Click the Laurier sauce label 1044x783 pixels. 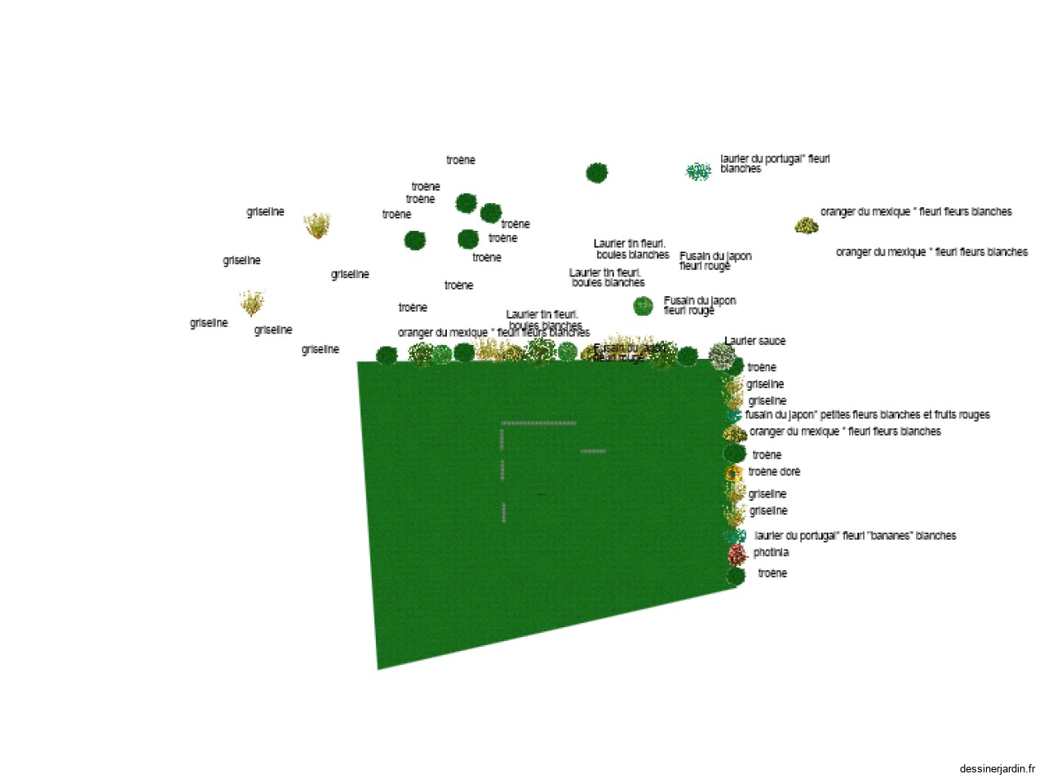coord(754,341)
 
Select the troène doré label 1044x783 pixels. coord(774,471)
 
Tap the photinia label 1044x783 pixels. coord(771,552)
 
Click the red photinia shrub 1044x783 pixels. coord(737,555)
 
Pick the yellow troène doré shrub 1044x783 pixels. coord(733,472)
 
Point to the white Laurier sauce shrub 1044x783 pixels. coord(721,355)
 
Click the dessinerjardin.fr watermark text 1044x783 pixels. coord(997,768)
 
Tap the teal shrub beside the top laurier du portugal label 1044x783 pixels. coord(698,171)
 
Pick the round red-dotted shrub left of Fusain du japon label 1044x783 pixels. coord(643,306)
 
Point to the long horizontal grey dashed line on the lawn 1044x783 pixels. coord(538,423)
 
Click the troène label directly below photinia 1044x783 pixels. coord(772,573)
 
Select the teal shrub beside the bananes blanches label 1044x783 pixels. coord(734,536)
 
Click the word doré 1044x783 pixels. coord(790,471)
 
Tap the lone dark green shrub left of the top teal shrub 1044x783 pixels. coord(596,172)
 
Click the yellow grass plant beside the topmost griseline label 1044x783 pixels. coord(316,224)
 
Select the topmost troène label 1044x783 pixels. coord(460,160)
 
